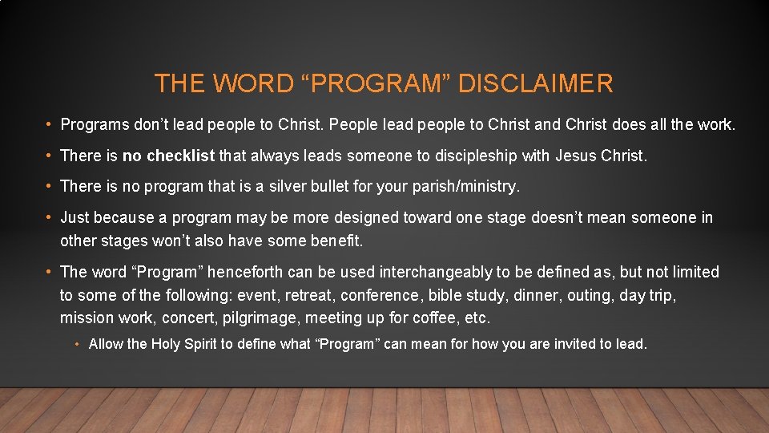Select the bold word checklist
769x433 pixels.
click(x=180, y=156)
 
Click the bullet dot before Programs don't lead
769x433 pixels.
click(x=49, y=125)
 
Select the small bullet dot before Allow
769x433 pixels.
click(x=77, y=345)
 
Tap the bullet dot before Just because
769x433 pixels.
click(x=49, y=218)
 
